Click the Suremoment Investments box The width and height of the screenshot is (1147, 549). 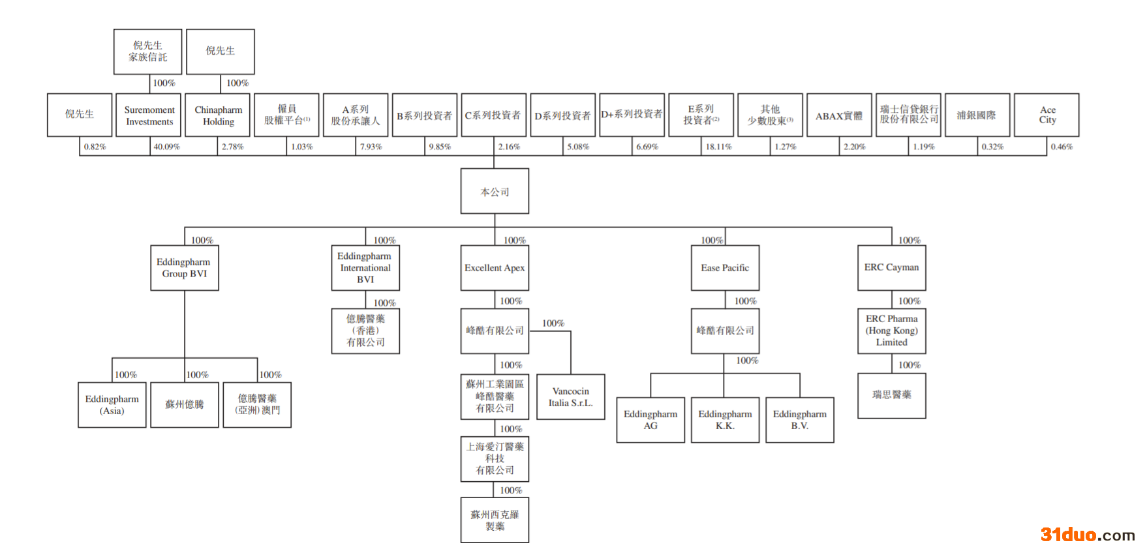(x=149, y=115)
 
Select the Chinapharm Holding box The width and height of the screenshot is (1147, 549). (x=218, y=115)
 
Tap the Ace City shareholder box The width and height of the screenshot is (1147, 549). (x=1047, y=115)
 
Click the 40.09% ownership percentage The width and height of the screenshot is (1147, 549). (x=166, y=147)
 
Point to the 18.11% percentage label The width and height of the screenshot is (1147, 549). (x=718, y=147)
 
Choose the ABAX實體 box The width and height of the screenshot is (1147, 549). (x=839, y=115)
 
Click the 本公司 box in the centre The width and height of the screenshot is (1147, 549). (x=495, y=192)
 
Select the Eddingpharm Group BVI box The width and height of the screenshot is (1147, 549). (x=184, y=268)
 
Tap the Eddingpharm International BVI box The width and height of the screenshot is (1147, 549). (x=365, y=268)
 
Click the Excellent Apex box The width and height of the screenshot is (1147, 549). (x=495, y=268)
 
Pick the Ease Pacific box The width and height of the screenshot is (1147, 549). (x=725, y=268)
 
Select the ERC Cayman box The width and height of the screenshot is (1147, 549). (x=891, y=268)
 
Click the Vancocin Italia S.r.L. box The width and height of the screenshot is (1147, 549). (x=570, y=397)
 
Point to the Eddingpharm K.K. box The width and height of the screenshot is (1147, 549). (x=725, y=420)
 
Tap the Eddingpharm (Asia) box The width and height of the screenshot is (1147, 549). (x=112, y=405)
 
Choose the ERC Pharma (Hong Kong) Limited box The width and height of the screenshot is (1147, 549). (x=891, y=331)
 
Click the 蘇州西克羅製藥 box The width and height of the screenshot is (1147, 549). (x=495, y=520)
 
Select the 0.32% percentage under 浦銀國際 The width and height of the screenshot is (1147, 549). (x=992, y=147)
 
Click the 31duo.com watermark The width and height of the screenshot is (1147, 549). (x=1087, y=535)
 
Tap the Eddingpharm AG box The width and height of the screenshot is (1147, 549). (x=650, y=420)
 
